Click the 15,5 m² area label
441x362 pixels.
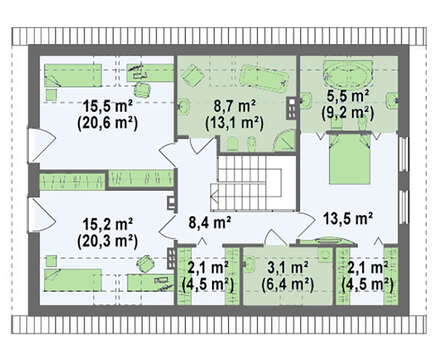[108, 106]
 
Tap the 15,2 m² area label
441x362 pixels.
[108, 224]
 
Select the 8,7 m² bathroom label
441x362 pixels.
[235, 106]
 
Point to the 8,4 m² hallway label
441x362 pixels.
[210, 222]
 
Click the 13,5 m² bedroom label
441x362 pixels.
[348, 218]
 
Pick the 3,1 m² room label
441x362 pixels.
[288, 268]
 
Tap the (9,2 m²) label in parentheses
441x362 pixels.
[348, 113]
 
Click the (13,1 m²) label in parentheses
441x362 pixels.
[235, 123]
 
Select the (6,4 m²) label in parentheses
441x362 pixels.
[288, 284]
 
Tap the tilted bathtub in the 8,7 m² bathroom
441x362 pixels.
[264, 78]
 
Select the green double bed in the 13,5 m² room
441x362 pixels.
[349, 159]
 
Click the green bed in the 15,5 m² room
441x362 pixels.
[73, 76]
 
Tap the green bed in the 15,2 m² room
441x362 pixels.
[73, 280]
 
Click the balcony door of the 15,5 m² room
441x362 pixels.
[40, 145]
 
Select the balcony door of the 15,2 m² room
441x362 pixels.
[40, 215]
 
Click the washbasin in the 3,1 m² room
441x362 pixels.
[249, 264]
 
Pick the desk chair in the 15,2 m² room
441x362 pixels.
[146, 263]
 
